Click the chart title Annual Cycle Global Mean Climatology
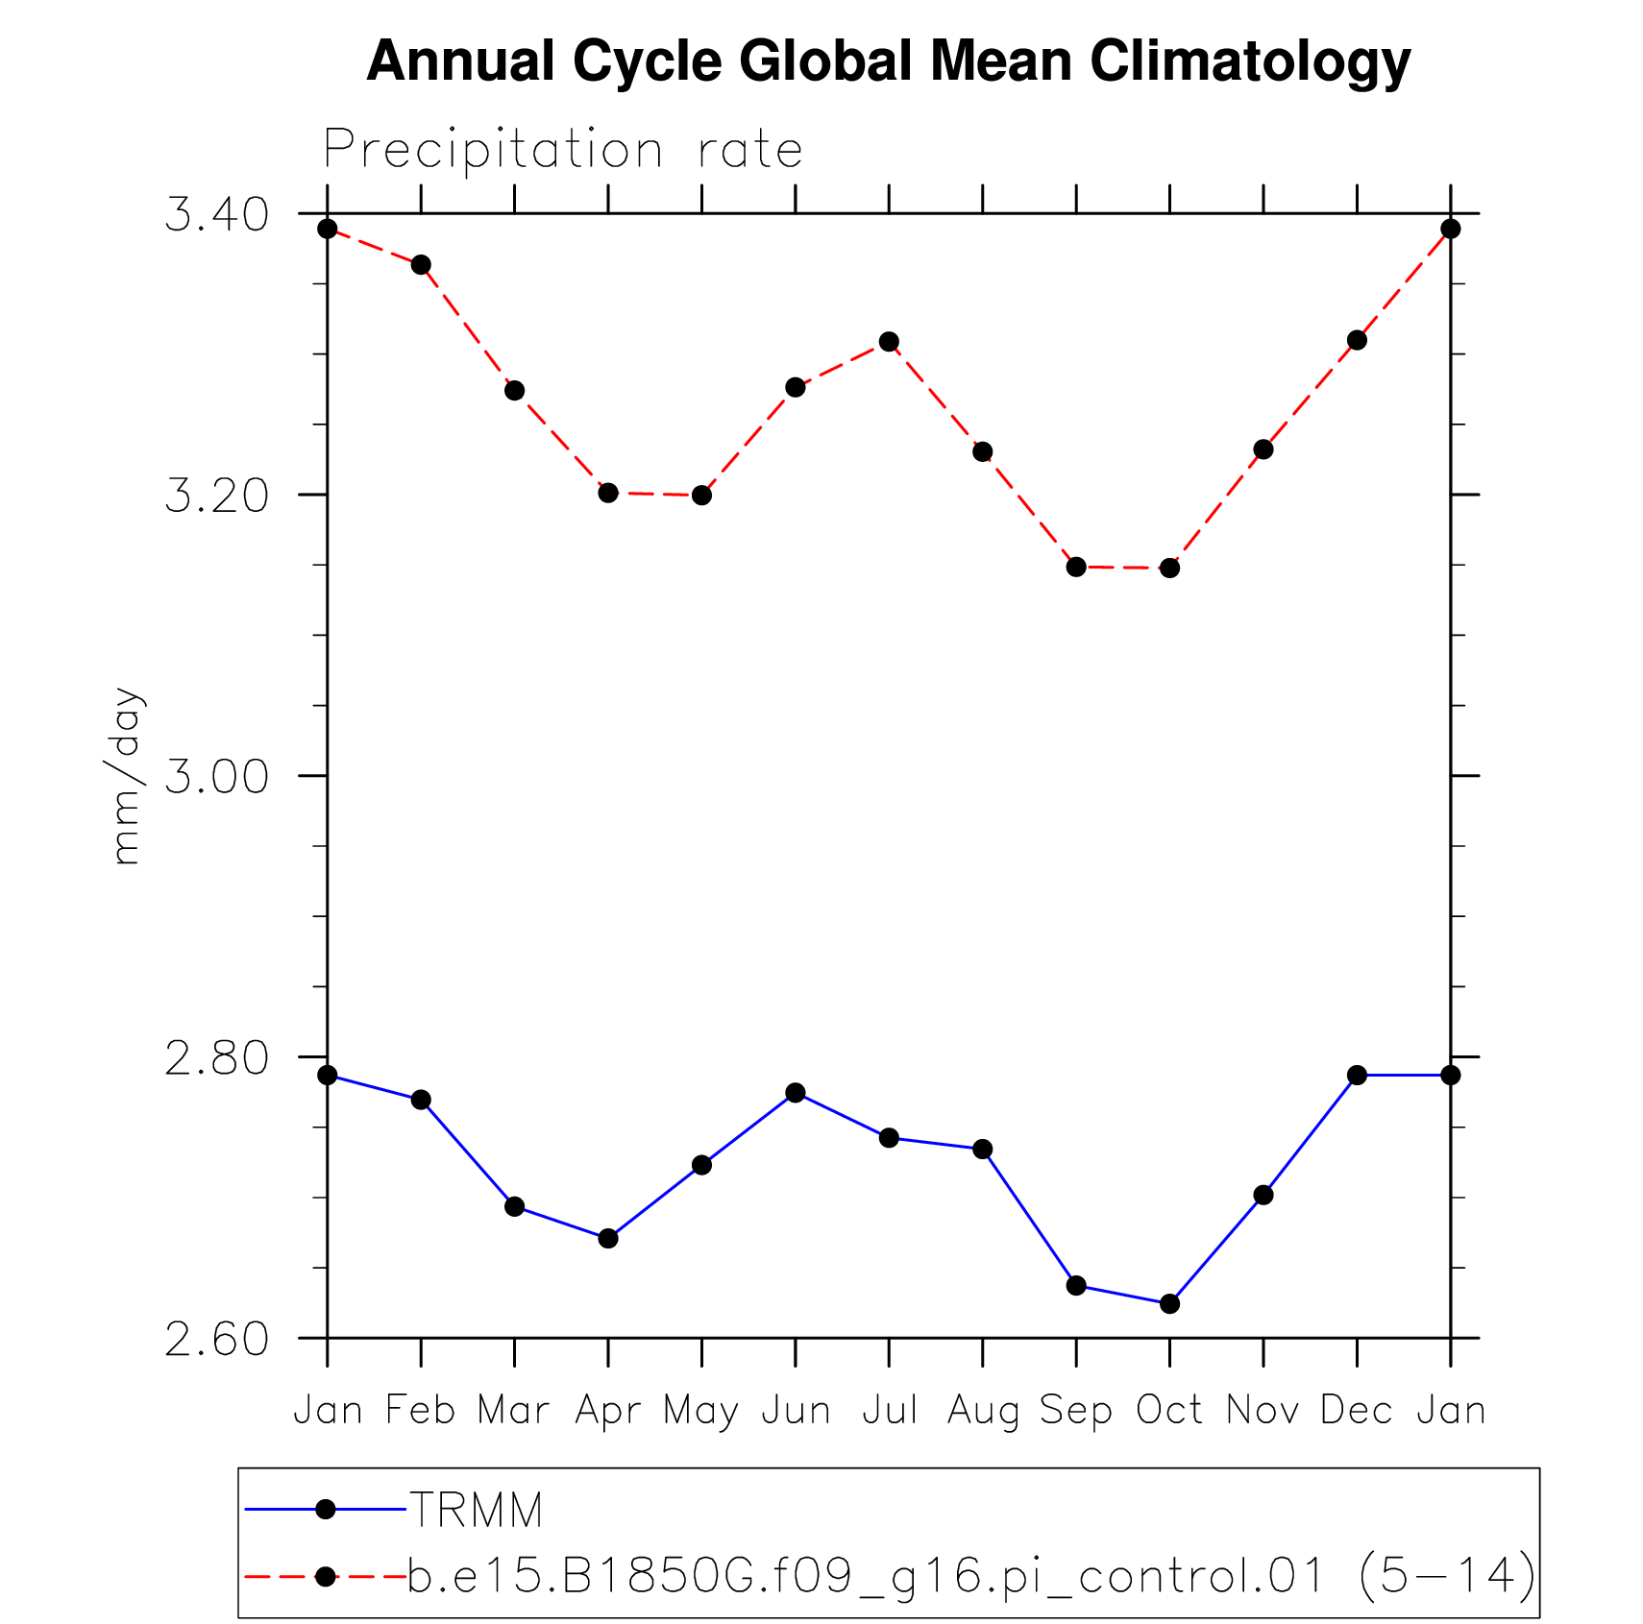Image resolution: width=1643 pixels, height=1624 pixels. coord(888,61)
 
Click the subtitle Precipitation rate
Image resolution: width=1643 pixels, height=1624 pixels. coord(562,150)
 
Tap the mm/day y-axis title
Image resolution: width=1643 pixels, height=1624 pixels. coord(126,776)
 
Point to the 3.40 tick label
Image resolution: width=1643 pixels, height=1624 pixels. coord(216,214)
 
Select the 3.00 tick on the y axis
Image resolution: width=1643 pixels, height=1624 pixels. coord(216,776)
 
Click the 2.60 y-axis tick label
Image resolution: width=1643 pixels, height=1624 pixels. coord(216,1339)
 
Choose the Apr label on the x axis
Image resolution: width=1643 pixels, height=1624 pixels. coord(607,1411)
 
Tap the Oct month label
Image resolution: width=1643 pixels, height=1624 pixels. coord(1169,1410)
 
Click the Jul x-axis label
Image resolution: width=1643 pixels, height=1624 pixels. coord(889,1410)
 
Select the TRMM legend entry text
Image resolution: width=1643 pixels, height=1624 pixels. coord(477,1510)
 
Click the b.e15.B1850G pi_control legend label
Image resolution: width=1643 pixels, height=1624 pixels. coord(971,1576)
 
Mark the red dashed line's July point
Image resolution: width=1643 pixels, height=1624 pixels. coord(889,342)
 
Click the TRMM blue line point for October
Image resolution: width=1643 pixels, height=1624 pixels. coord(1169,1303)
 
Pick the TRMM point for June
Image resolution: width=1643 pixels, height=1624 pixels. coord(795,1093)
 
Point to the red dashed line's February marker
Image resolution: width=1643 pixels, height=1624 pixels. coord(421,265)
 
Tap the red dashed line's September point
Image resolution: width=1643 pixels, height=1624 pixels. coord(1076,567)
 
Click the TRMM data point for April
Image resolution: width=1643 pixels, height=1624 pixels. coord(608,1238)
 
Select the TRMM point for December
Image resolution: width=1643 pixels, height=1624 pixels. coord(1357,1075)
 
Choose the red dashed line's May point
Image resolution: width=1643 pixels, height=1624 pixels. coord(701,496)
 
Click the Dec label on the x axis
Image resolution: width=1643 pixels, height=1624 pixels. coord(1356,1410)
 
